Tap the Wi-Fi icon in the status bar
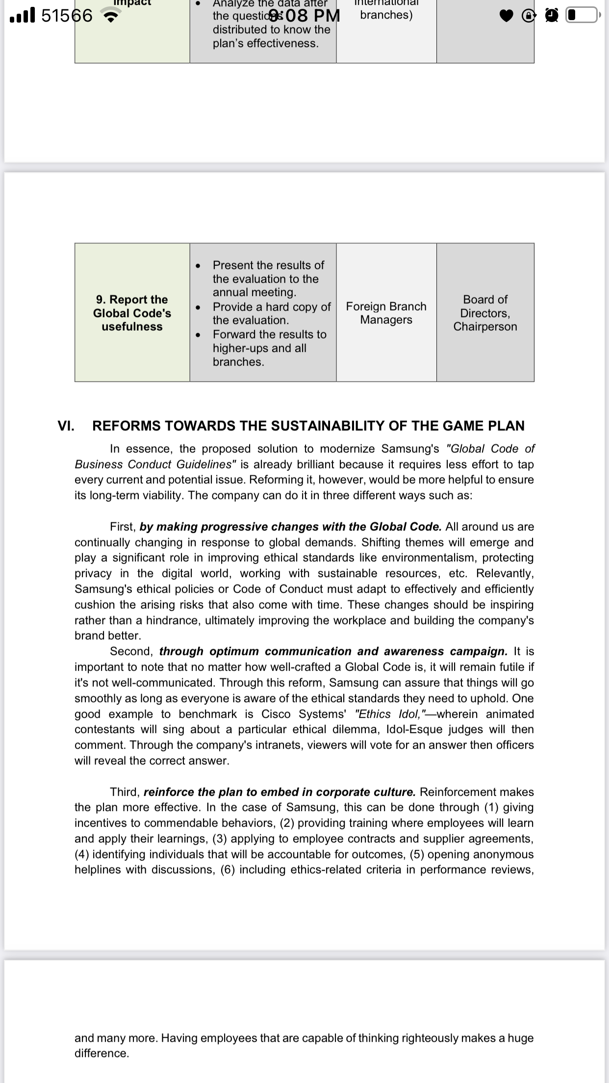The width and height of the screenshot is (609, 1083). point(112,16)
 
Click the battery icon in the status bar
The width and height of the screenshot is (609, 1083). point(582,16)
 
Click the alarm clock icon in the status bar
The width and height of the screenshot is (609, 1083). point(552,16)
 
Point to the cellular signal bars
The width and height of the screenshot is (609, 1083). point(23,16)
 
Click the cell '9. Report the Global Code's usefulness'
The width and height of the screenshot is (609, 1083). point(132,313)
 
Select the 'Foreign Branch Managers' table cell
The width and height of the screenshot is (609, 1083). point(386,313)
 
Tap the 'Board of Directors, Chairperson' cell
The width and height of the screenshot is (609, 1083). point(485,313)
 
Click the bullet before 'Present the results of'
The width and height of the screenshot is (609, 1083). point(197,266)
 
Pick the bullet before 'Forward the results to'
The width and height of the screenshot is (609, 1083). point(197,335)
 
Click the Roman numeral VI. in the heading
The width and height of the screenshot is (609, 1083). point(66,426)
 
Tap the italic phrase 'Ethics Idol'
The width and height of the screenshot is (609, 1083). point(390,714)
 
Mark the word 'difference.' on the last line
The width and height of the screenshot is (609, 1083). point(102,1054)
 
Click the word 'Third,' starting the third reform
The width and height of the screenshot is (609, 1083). point(125,792)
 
